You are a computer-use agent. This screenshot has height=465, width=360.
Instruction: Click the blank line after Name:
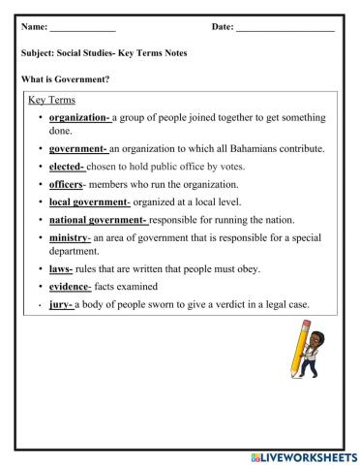[82, 28]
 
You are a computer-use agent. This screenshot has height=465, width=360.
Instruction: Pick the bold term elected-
[67, 167]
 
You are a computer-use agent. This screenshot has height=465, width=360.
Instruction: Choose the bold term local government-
[90, 201]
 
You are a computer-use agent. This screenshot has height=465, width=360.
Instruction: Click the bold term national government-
[99, 219]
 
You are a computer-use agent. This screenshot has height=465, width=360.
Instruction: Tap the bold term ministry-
[70, 236]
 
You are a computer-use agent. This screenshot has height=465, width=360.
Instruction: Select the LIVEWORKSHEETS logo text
[301, 455]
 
